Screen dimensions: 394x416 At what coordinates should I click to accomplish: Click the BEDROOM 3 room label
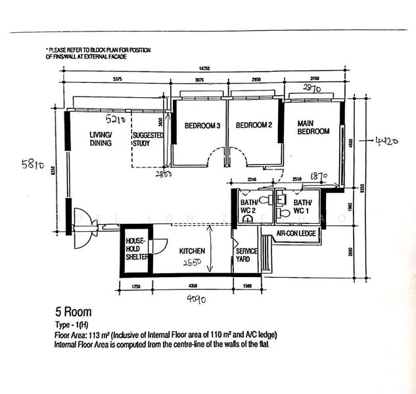click(x=202, y=125)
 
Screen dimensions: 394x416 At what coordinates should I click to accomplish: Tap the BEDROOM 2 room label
click(x=254, y=125)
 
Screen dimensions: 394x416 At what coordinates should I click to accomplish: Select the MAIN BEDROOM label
click(x=313, y=127)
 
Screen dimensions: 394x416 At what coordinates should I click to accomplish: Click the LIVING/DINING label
click(x=101, y=138)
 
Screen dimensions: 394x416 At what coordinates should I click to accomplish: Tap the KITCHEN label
click(x=192, y=251)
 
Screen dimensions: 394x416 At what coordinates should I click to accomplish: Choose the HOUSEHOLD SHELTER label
click(x=136, y=250)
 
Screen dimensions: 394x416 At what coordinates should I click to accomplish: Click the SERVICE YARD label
click(x=246, y=255)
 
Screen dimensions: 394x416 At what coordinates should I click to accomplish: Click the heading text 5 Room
click(x=72, y=313)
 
